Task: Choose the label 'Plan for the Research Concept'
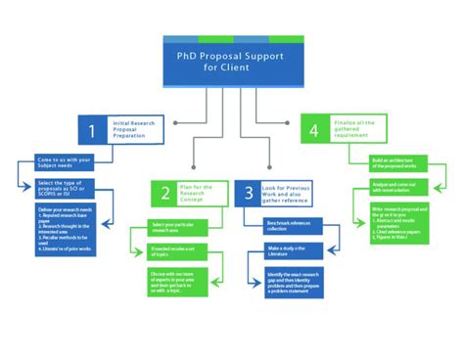[202, 193]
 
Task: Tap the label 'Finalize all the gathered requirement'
[356, 129]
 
